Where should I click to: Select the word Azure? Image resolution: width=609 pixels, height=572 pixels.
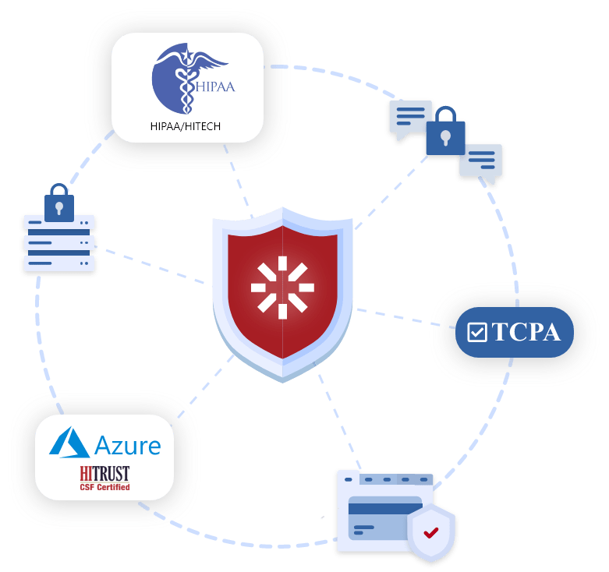click(x=127, y=446)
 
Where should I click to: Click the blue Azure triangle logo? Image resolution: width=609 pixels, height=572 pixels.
click(x=69, y=442)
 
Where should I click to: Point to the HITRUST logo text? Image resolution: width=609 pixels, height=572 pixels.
click(x=104, y=473)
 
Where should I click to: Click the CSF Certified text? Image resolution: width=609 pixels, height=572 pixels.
click(x=104, y=488)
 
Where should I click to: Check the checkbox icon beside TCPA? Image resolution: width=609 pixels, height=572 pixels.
click(x=476, y=333)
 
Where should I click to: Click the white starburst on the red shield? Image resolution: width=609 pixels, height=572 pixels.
click(x=282, y=287)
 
